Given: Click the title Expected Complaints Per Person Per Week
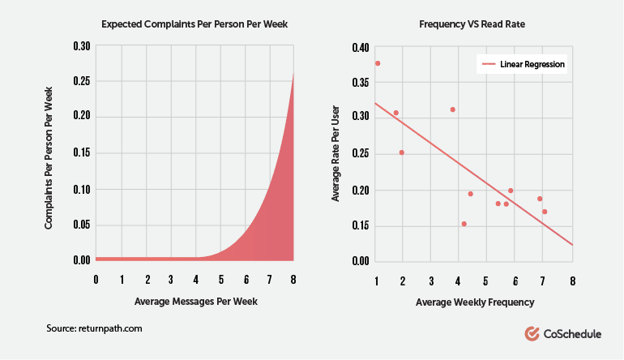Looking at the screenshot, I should click(194, 24).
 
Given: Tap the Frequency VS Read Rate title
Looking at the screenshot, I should click(475, 24).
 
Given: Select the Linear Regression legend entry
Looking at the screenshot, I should click(524, 63).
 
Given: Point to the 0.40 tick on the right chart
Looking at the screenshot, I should click(359, 47).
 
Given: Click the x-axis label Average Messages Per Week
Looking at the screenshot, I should click(194, 302).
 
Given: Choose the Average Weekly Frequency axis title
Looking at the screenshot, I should click(475, 302).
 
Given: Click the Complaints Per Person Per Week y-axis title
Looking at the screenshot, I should click(49, 155).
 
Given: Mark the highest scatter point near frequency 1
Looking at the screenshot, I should click(378, 63).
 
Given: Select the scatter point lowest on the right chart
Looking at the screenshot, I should click(464, 224).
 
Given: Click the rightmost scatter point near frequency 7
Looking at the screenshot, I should click(545, 212).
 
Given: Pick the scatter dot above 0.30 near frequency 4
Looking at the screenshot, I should click(452, 109).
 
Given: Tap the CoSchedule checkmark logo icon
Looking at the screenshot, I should click(532, 332).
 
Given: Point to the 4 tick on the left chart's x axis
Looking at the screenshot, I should click(195, 280).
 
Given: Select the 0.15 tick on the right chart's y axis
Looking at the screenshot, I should click(359, 225).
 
